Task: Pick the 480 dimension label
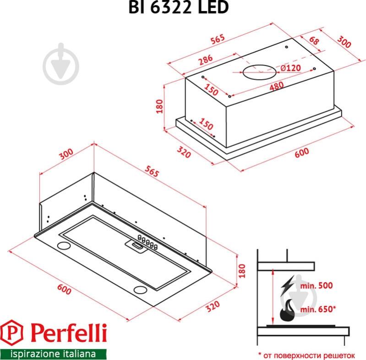(x=276, y=85)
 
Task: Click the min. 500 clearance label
(x=317, y=285)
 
